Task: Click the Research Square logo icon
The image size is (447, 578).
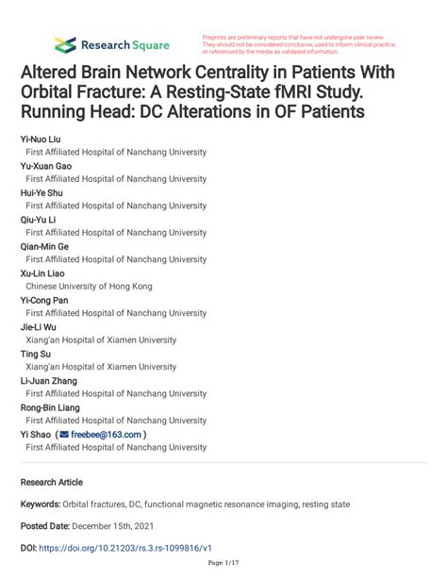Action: click(x=65, y=44)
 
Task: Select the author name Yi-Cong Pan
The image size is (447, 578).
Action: click(x=44, y=300)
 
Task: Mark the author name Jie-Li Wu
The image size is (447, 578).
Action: click(x=40, y=326)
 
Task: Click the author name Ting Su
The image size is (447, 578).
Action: click(x=36, y=354)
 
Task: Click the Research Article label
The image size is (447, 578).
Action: click(x=52, y=481)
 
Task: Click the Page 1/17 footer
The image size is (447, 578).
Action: click(x=223, y=564)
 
